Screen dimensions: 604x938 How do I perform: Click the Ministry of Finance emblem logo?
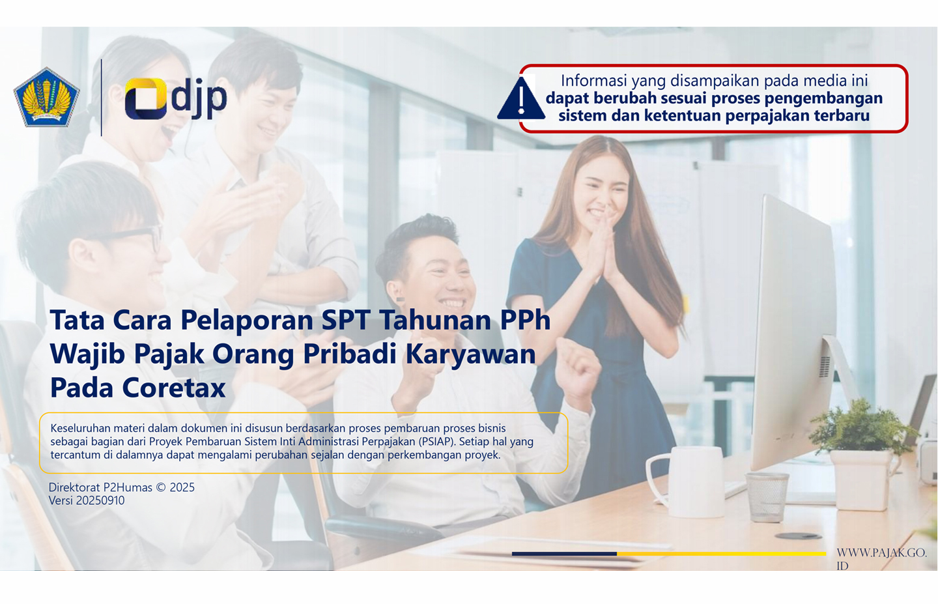(46, 97)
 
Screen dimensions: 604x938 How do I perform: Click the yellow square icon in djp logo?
(145, 98)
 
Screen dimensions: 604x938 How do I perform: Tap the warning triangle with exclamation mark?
(520, 100)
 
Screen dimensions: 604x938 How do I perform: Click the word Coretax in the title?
(174, 388)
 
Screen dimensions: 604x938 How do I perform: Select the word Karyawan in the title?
(471, 354)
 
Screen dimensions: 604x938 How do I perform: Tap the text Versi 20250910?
(87, 500)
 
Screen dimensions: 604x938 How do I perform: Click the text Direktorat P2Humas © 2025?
(121, 487)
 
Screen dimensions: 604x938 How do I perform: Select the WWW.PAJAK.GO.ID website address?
(881, 558)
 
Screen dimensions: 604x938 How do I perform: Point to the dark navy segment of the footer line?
(564, 553)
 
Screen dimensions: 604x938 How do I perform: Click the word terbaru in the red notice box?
(838, 116)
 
